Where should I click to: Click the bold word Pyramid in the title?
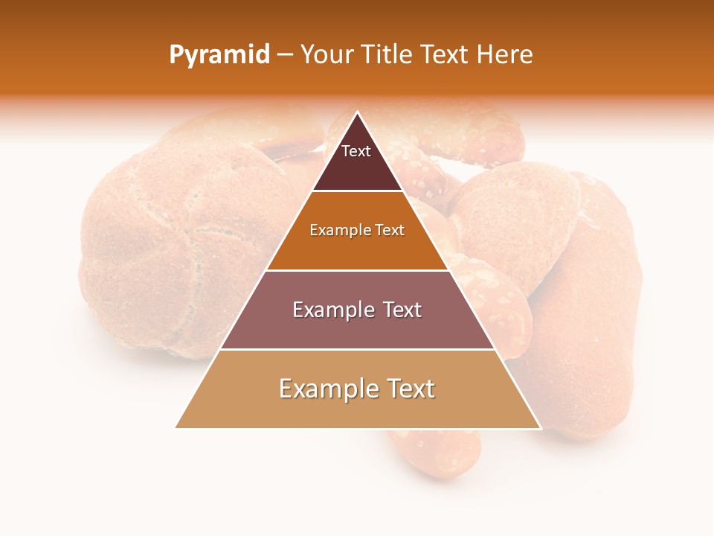click(x=219, y=55)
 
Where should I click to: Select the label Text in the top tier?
click(x=356, y=151)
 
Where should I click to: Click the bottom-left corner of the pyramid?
click(x=177, y=427)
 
